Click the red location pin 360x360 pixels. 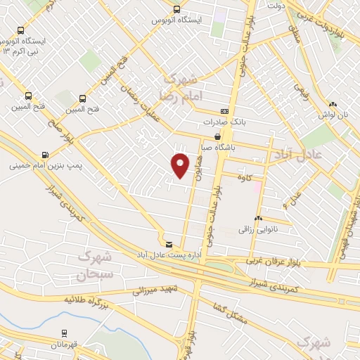coord(180,165)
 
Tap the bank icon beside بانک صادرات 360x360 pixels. coord(225,111)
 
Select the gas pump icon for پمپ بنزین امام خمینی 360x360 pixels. coord(46,154)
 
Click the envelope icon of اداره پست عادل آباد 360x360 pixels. coord(167,243)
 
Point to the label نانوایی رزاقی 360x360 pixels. coord(258,229)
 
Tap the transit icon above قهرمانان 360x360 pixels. coord(64,333)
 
